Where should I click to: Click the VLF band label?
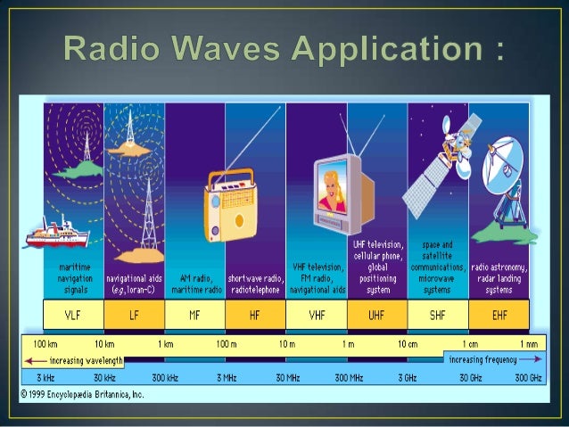(73, 314)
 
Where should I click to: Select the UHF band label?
(376, 314)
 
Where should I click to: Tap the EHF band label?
(499, 314)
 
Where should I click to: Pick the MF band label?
(194, 314)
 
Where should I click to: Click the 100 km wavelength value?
(46, 344)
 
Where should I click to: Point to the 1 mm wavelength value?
(528, 344)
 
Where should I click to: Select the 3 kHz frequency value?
(45, 378)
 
